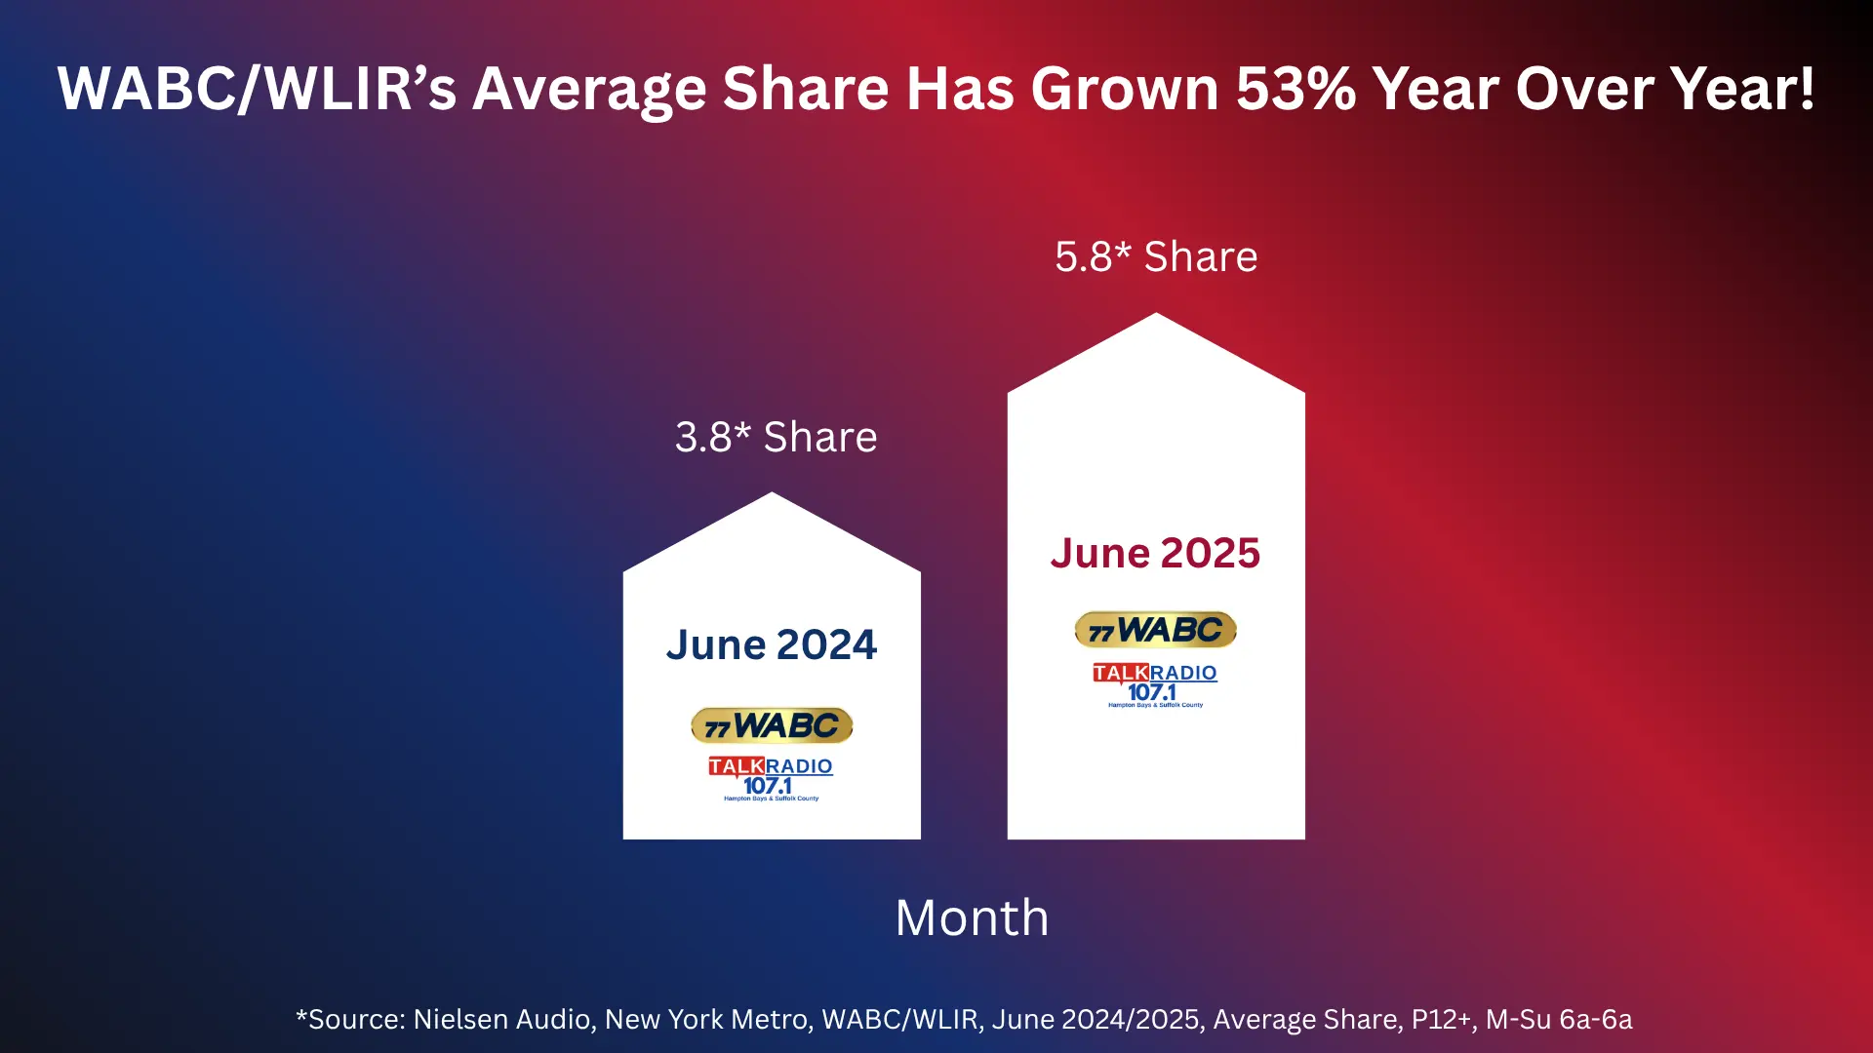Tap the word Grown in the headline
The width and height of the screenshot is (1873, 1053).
click(1125, 89)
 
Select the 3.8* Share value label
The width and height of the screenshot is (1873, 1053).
click(776, 437)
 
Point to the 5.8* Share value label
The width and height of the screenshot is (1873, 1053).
click(1156, 256)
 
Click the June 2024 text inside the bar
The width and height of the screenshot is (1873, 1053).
click(772, 644)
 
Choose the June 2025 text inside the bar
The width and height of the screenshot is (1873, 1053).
click(1156, 553)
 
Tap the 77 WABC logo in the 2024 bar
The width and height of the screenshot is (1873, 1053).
click(772, 725)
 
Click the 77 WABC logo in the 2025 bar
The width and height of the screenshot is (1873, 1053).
click(1156, 630)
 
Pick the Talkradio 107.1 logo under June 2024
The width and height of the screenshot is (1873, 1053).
click(771, 778)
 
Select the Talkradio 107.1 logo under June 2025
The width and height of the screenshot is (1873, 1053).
click(1155, 684)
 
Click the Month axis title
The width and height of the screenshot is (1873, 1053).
click(972, 917)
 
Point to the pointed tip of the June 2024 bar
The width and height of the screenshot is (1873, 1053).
click(772, 496)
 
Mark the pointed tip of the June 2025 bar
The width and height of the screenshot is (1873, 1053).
click(1156, 317)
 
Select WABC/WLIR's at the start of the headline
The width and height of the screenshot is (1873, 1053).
click(257, 89)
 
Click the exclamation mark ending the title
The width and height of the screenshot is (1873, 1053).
click(1806, 89)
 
